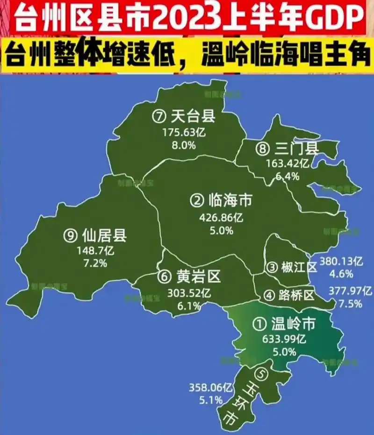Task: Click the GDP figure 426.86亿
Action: click(x=221, y=218)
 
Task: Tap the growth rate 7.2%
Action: click(x=95, y=263)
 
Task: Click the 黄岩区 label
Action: click(x=198, y=277)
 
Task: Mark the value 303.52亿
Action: click(x=189, y=293)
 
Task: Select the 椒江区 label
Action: click(x=299, y=267)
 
